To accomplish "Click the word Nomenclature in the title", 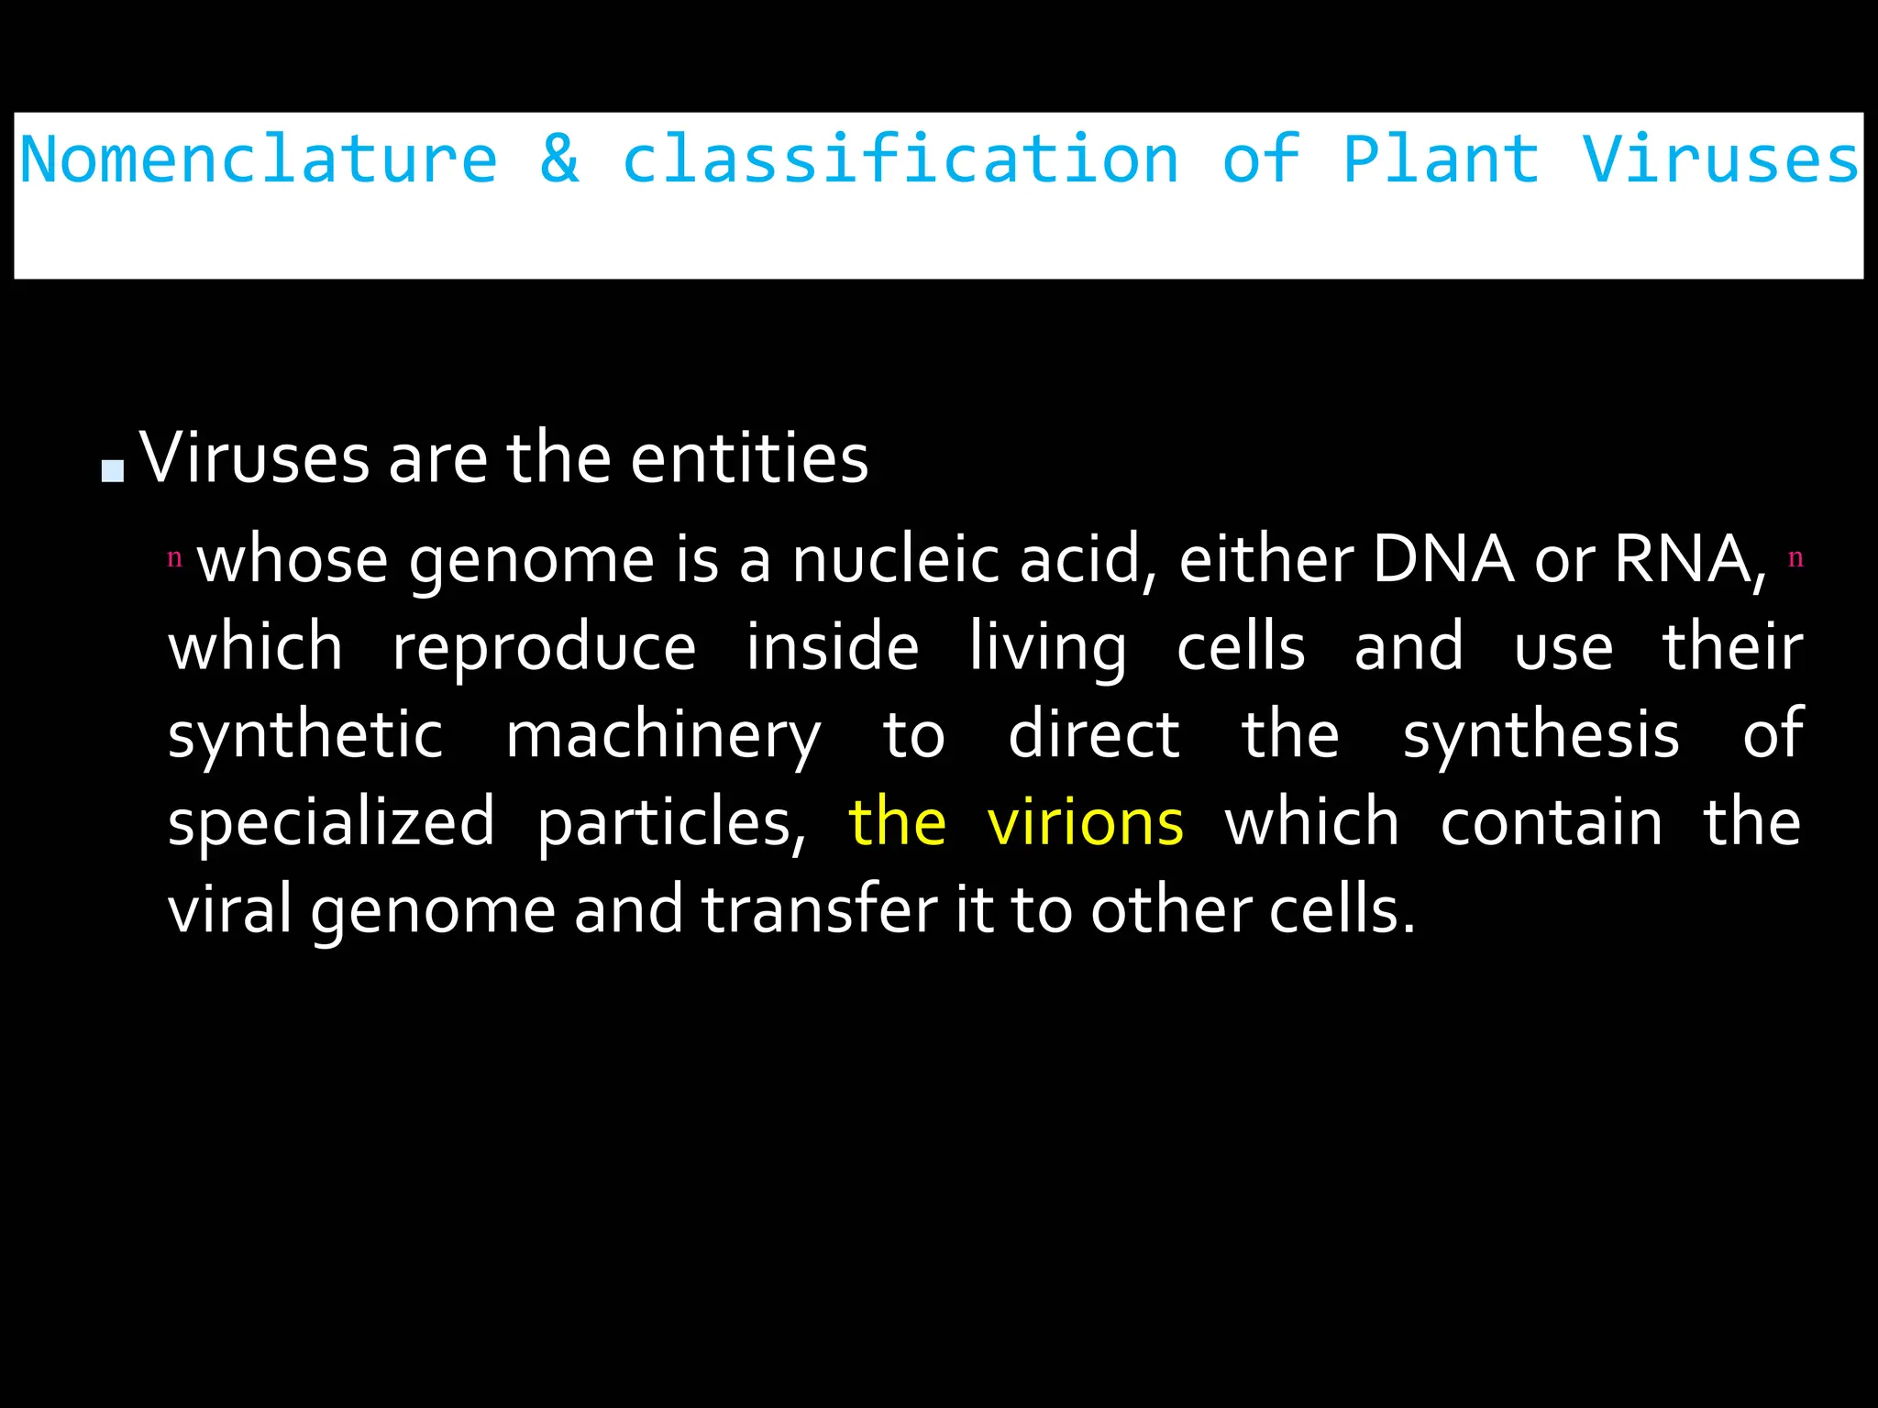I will point(259,159).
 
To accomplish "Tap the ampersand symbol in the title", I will point(559,159).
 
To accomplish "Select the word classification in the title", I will point(900,159).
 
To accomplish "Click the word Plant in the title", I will point(1441,159).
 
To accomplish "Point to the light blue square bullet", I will point(113,470).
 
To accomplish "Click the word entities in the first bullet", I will point(749,458).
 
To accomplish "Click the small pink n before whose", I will point(174,557).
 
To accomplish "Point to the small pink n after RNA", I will point(1795,557).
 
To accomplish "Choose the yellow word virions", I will point(1085,822).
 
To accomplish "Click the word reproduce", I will point(544,647).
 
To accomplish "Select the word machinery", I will point(663,735).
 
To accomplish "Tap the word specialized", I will point(331,822).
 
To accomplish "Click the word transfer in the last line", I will point(819,909).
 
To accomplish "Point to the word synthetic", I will point(305,735).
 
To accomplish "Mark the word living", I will point(1047,647).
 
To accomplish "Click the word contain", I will point(1551,822).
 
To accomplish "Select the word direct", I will point(1093,735).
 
